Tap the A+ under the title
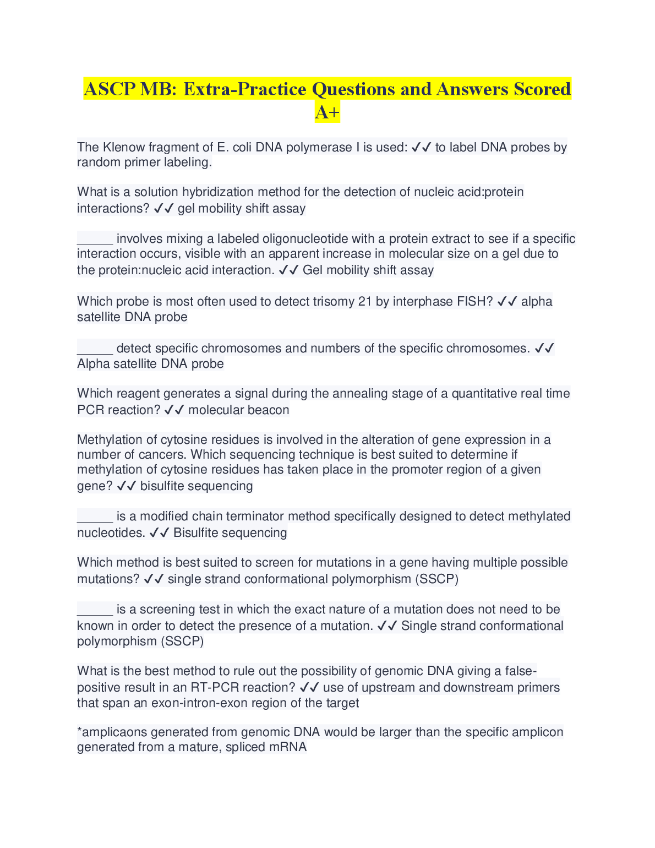click(x=327, y=112)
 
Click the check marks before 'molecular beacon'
click(x=174, y=410)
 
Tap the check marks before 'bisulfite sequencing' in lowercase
click(x=127, y=486)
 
